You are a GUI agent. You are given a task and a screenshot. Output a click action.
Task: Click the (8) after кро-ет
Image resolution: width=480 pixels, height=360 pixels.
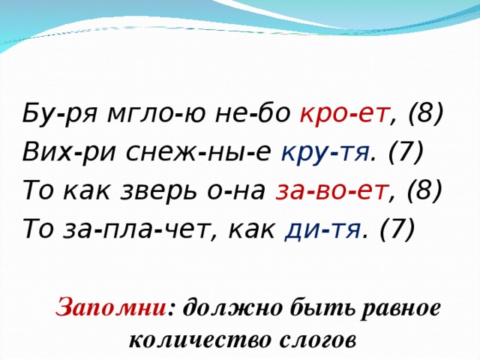pos(426,115)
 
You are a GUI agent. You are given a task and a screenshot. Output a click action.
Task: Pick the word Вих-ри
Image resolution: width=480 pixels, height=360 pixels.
pos(55,153)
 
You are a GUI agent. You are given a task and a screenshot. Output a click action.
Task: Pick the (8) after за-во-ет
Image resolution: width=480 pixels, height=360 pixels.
pos(426,191)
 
